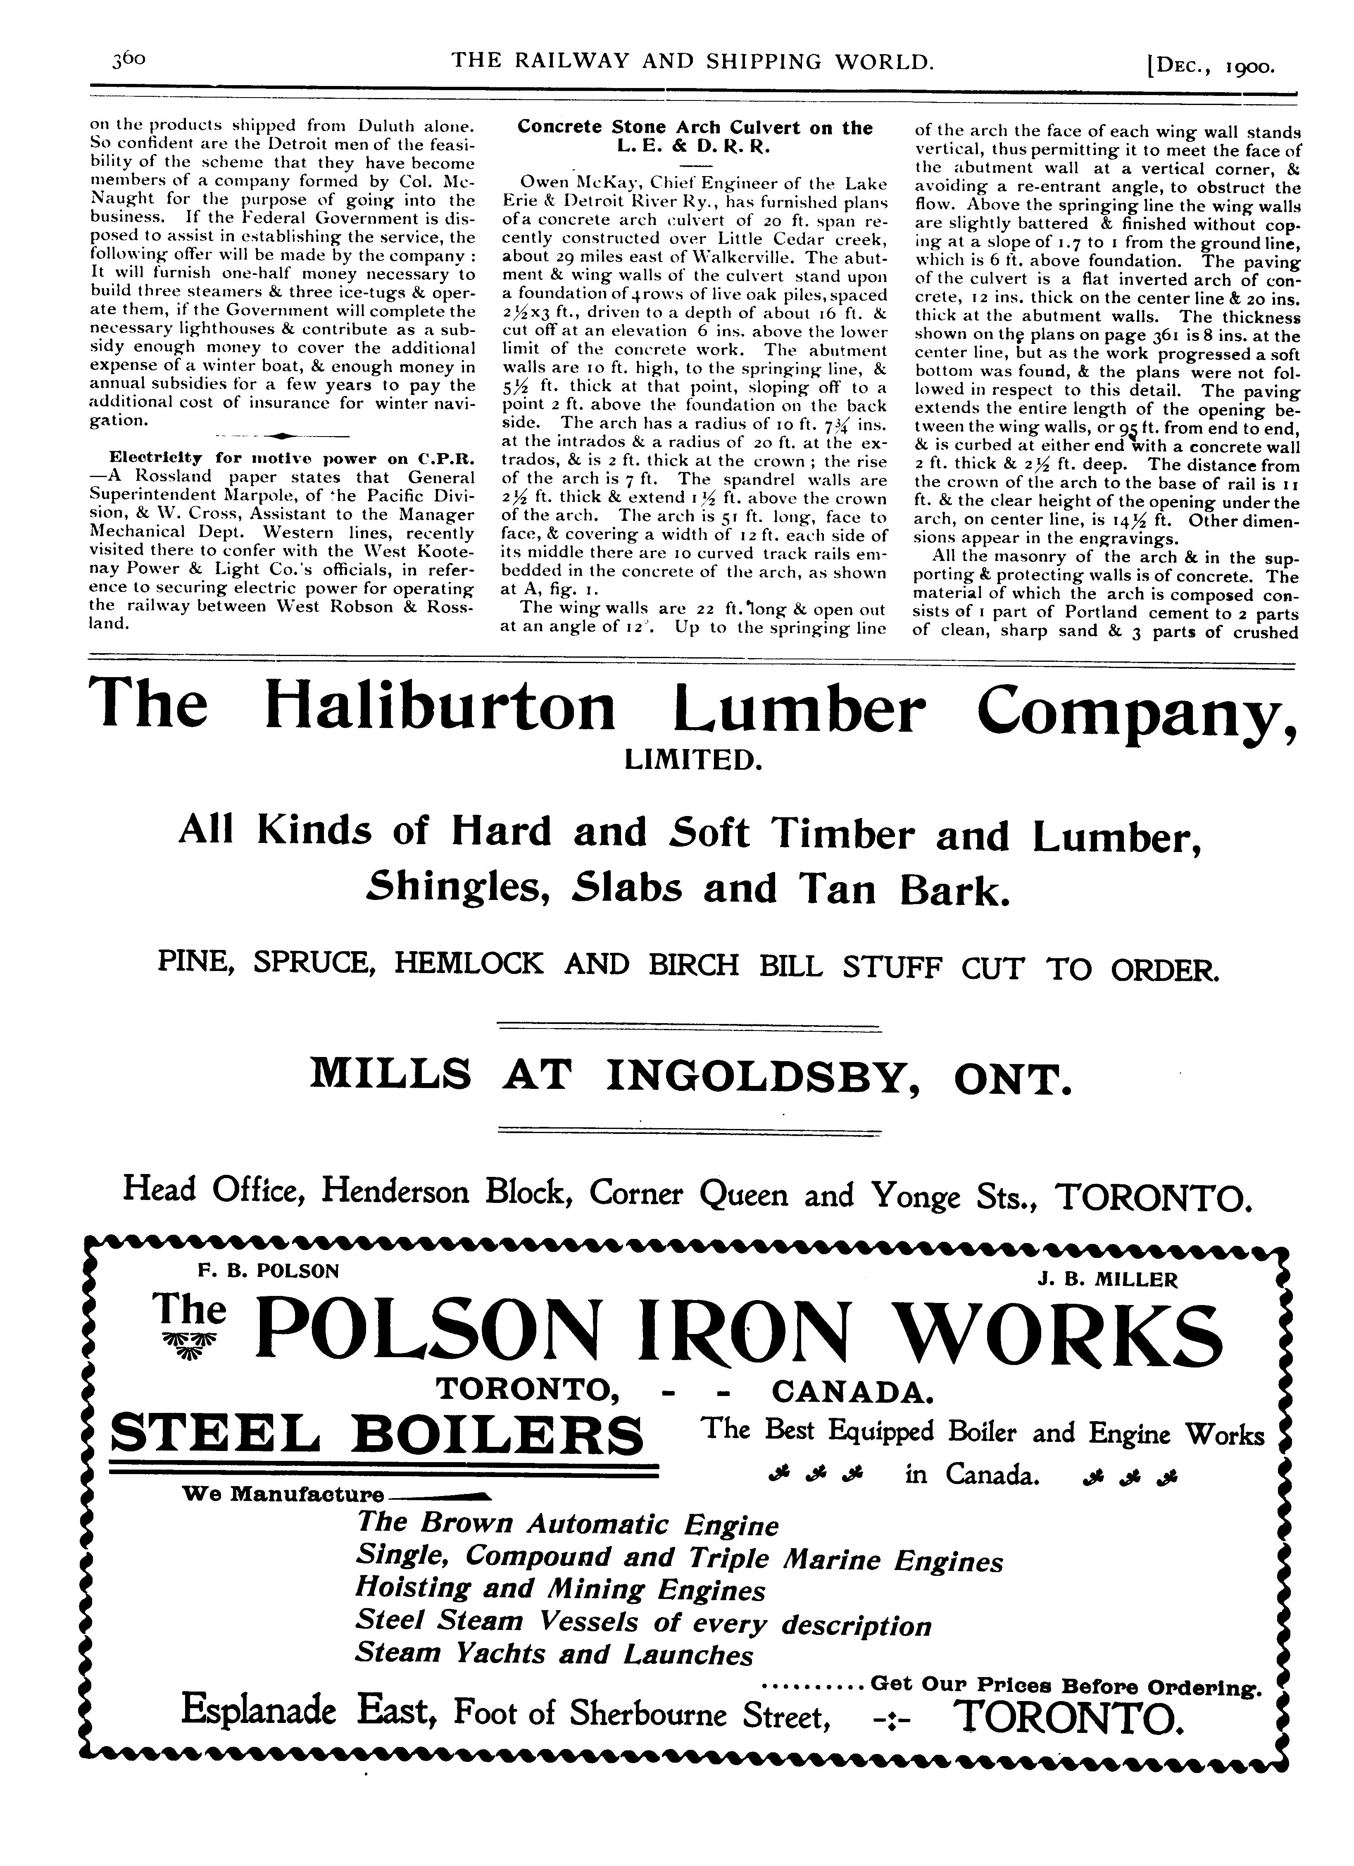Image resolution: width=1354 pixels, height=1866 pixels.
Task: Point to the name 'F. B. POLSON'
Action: pyautogui.click(x=268, y=1270)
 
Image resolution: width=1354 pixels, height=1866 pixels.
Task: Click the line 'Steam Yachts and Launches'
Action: pyautogui.click(x=554, y=1654)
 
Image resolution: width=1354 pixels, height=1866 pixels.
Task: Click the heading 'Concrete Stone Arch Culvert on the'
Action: pyautogui.click(x=694, y=127)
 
